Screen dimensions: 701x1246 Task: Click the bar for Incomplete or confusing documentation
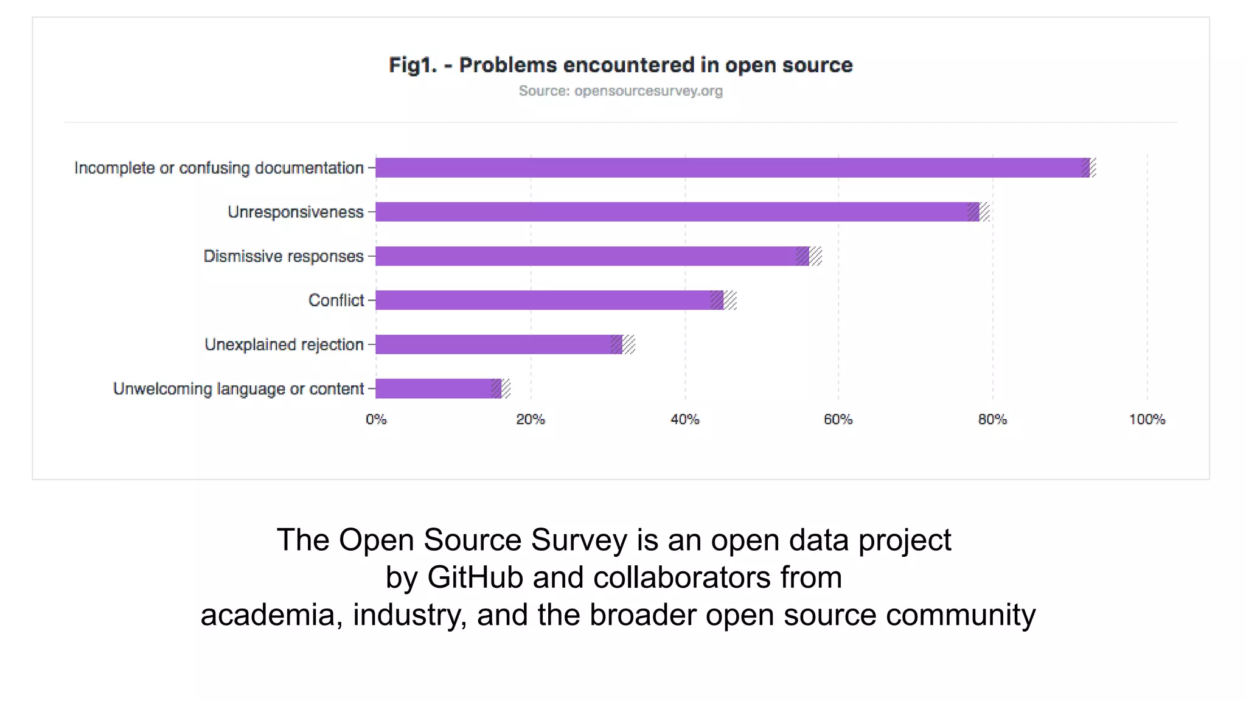(x=730, y=167)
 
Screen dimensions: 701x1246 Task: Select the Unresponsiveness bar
(x=675, y=212)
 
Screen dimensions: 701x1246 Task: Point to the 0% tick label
(x=376, y=419)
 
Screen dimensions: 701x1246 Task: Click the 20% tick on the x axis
(x=531, y=419)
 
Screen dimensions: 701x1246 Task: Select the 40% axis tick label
(x=684, y=419)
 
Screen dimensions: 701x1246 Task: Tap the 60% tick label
(x=838, y=419)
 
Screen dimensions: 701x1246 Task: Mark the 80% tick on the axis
(x=992, y=419)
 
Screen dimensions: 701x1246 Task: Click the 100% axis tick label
(x=1147, y=419)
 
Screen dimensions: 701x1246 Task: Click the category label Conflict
(x=336, y=300)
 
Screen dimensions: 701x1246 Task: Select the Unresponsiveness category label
(x=296, y=212)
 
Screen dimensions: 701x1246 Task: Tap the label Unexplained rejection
(x=284, y=344)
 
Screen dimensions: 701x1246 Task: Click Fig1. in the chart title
(x=412, y=65)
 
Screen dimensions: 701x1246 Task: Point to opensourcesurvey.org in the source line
(x=648, y=91)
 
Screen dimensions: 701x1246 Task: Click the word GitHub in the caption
(x=475, y=577)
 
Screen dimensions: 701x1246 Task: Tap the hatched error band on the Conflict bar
(x=724, y=300)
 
